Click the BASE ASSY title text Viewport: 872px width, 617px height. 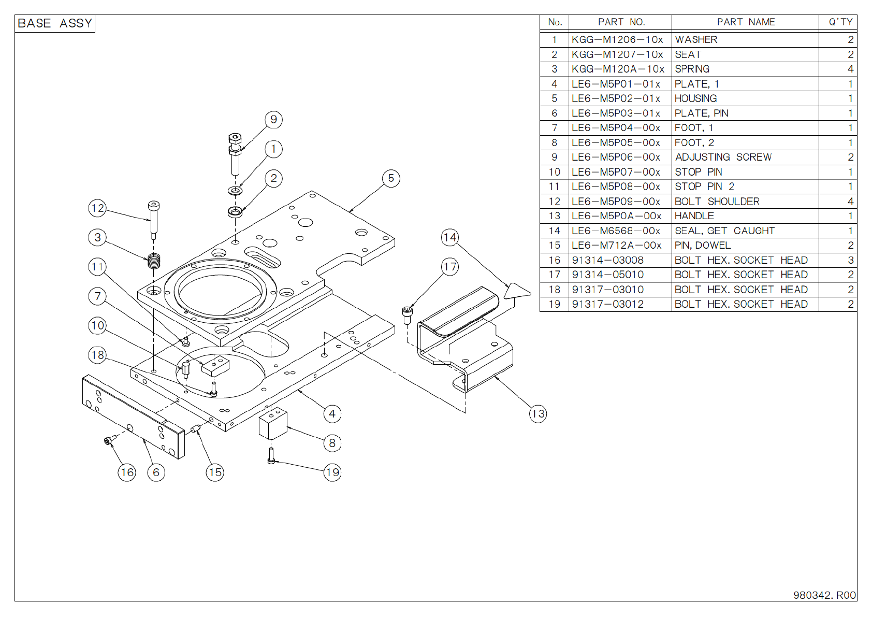pos(55,23)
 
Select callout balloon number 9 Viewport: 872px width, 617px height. pos(273,120)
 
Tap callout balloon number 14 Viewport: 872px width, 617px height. pos(449,238)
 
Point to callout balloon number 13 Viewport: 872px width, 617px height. pos(537,414)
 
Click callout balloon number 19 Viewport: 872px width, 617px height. pos(332,472)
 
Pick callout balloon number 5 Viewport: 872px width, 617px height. pos(391,179)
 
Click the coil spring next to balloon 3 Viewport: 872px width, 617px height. pos(154,261)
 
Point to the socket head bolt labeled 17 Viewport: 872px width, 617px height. pos(408,314)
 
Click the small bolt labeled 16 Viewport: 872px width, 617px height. pos(108,440)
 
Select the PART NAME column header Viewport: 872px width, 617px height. pos(746,22)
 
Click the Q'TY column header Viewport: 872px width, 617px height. pos(840,22)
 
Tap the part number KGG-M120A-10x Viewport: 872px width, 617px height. pos(617,69)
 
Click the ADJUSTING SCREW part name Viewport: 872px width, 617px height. pos(723,157)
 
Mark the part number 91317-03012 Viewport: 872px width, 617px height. pos(607,305)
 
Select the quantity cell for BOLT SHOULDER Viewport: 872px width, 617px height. pos(850,202)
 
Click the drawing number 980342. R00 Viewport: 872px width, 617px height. pos(824,595)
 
